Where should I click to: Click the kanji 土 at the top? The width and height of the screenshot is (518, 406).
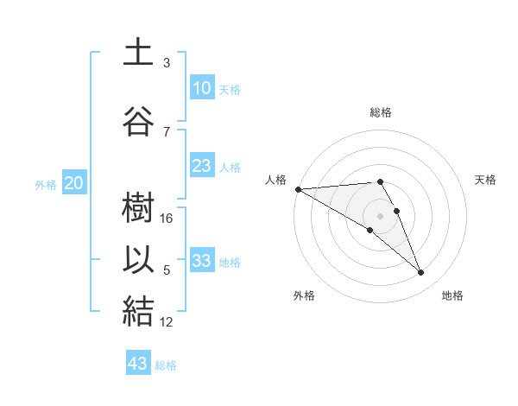pos(138,53)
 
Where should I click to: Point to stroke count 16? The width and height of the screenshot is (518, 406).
pos(167,219)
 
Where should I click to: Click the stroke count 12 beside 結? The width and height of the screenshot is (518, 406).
pos(167,322)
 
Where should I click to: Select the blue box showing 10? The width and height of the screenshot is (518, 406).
pos(201,88)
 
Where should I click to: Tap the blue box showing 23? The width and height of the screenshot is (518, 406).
pos(201,166)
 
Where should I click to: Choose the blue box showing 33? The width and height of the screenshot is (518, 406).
pos(201,261)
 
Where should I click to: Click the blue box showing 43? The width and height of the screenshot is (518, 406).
pos(138,364)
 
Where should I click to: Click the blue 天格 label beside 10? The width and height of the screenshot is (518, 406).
pos(229,89)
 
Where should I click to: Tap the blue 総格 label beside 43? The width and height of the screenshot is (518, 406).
pos(166,365)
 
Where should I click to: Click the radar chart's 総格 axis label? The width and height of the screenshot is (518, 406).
pos(381,112)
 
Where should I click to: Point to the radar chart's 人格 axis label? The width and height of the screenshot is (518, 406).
pos(275,180)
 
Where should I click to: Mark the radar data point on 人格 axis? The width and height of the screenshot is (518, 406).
pos(298,189)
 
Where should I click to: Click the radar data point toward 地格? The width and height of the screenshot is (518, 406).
pos(420,273)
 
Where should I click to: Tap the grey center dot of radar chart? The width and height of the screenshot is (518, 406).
pos(380,215)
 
